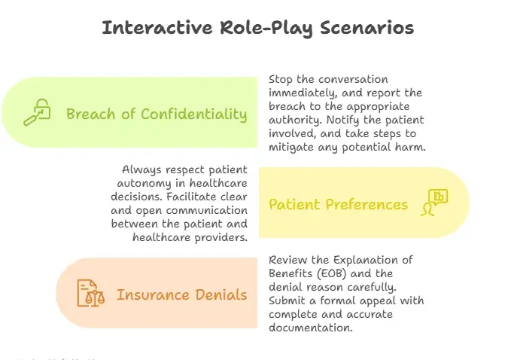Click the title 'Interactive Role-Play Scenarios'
[257, 28]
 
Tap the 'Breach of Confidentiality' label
[157, 114]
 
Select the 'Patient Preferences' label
[338, 204]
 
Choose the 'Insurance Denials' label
[181, 294]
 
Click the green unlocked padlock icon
[36, 114]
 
